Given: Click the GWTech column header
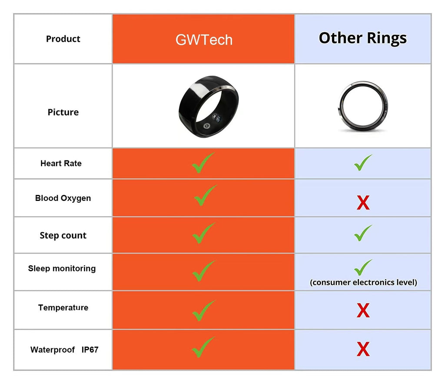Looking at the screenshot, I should click(204, 40).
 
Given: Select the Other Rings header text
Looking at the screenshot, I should click(362, 38).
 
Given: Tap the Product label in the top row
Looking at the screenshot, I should click(63, 39).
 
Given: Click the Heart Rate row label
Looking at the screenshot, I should click(61, 164).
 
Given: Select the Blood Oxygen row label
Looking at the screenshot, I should click(63, 198).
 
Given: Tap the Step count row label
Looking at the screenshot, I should click(63, 236).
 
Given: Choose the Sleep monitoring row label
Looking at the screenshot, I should click(62, 268).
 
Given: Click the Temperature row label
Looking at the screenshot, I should click(63, 308).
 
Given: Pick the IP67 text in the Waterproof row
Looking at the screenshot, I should click(90, 350).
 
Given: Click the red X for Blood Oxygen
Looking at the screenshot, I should click(363, 203).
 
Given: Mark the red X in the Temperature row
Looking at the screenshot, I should click(363, 311).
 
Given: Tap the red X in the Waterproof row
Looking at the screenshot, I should click(363, 349).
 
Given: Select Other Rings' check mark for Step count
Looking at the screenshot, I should click(363, 233).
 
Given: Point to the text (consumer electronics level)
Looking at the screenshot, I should click(363, 283).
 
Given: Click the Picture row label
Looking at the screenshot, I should click(63, 112).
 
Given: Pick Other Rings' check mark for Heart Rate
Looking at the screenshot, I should click(363, 163).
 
